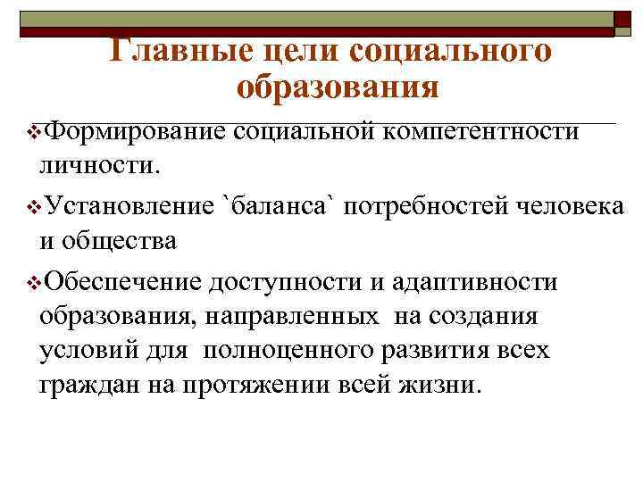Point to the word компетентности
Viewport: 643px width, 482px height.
click(481, 132)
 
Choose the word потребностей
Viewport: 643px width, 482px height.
click(426, 207)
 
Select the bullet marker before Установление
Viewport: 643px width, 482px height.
click(33, 208)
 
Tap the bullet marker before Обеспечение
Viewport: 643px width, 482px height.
click(33, 283)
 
